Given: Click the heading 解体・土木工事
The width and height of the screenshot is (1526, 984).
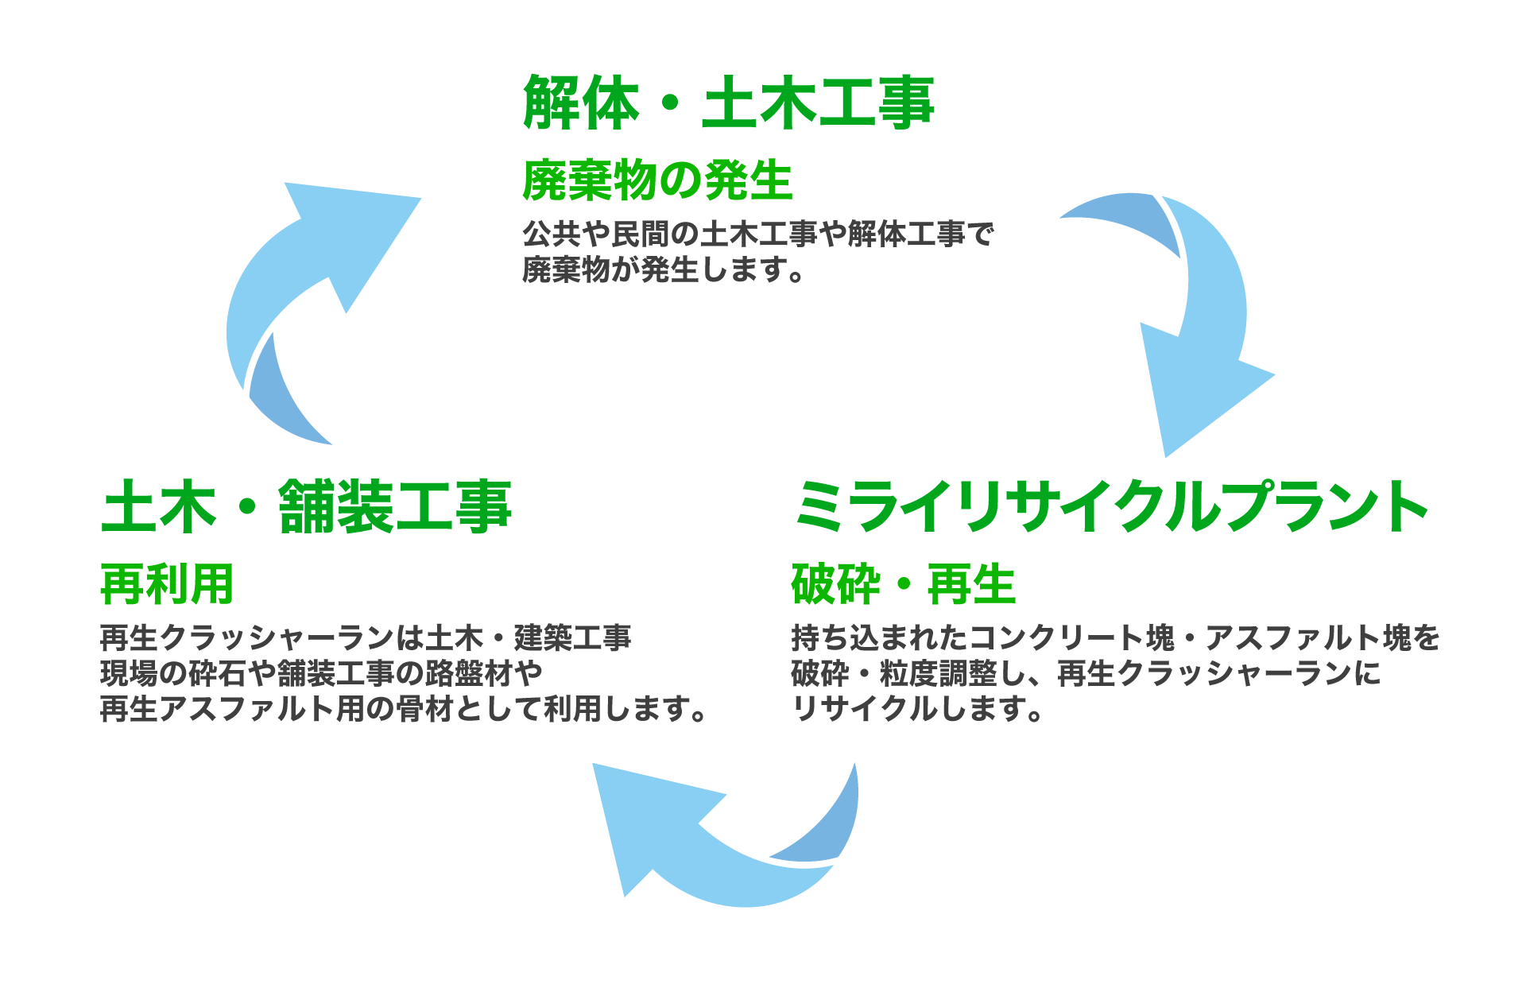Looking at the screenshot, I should pyautogui.click(x=728, y=103).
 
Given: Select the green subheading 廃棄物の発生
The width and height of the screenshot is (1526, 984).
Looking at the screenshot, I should pyautogui.click(x=657, y=180).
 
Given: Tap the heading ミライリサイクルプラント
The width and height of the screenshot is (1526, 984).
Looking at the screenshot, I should pyautogui.click(x=1111, y=507).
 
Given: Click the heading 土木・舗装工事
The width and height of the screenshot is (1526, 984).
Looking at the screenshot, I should pyautogui.click(x=306, y=507).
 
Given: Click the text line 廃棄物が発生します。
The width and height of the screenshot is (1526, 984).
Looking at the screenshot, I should pyautogui.click(x=664, y=270).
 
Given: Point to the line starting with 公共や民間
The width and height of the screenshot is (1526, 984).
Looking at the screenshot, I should pyautogui.click(x=757, y=234).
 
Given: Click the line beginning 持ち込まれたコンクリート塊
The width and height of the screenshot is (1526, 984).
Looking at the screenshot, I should pyautogui.click(x=1115, y=637).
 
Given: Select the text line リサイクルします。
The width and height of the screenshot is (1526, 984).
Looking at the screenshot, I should pyautogui.click(x=918, y=708).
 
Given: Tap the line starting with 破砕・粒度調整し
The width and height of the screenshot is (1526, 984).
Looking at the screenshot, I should pyautogui.click(x=1086, y=673).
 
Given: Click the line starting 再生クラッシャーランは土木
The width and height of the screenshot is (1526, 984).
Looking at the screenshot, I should pyautogui.click(x=366, y=637).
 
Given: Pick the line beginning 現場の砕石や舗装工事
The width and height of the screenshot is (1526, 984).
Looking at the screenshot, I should pyautogui.click(x=321, y=673).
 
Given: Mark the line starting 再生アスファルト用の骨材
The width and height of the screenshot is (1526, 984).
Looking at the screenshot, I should pyautogui.click(x=404, y=708).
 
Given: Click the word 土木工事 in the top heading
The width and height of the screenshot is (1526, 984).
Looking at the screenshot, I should pyautogui.click(x=818, y=103).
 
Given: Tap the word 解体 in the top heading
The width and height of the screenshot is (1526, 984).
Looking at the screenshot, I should pyautogui.click(x=581, y=103).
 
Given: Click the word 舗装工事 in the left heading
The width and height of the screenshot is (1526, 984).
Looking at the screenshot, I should pyautogui.click(x=395, y=507).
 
